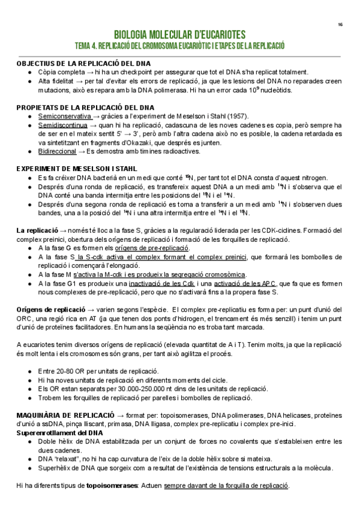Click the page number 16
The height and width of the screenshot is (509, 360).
point(340,25)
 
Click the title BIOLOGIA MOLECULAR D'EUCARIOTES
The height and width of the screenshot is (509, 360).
point(179,35)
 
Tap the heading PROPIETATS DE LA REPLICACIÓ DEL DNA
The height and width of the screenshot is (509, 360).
point(85,107)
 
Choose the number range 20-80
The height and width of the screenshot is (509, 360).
point(64,371)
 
